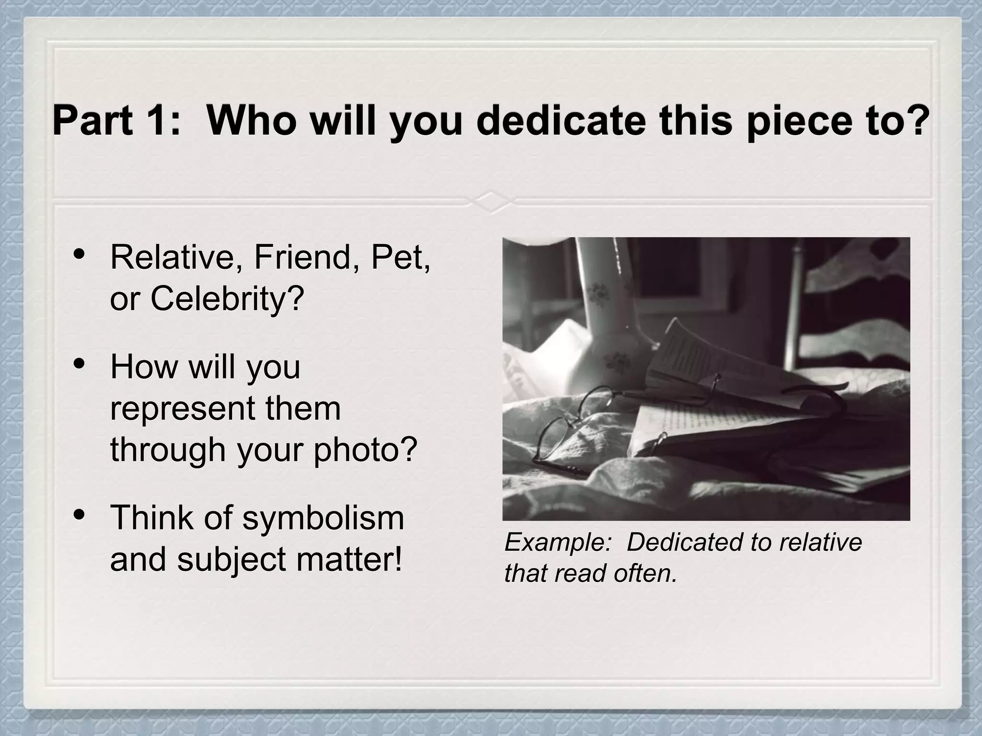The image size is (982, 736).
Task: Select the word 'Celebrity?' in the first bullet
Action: [227, 299]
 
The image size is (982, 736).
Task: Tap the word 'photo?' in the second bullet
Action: [365, 450]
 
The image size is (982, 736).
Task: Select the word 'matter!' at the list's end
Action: [349, 559]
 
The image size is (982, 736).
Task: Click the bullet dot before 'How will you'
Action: [80, 363]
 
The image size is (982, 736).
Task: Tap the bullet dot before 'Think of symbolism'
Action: [80, 514]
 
